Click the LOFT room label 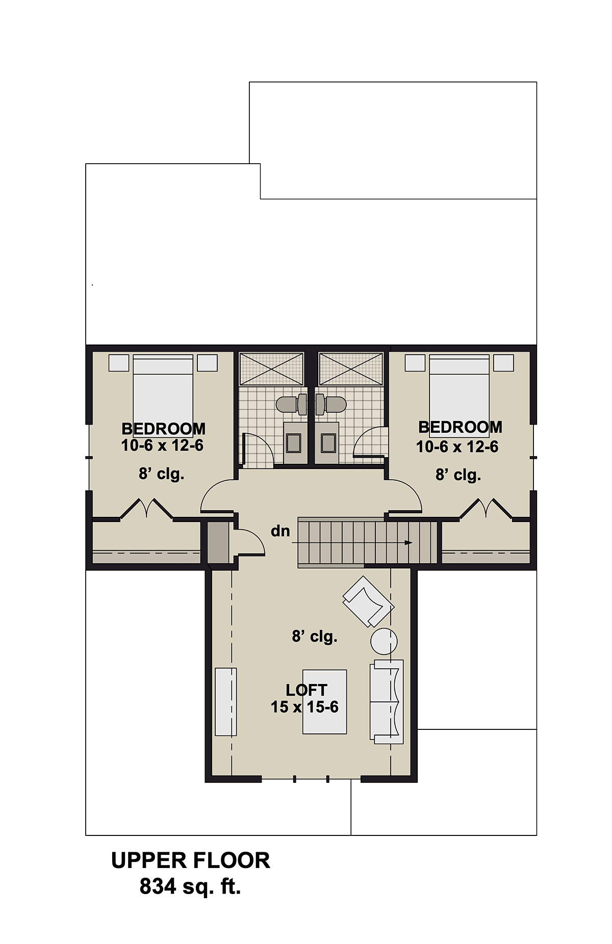pyautogui.click(x=307, y=690)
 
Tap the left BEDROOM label pyautogui.click(x=163, y=429)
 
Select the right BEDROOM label pyautogui.click(x=460, y=427)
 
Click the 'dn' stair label pyautogui.click(x=280, y=531)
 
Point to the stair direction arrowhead pyautogui.click(x=409, y=543)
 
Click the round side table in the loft pyautogui.click(x=384, y=641)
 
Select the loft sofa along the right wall pyautogui.click(x=387, y=702)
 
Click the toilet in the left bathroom pyautogui.click(x=291, y=405)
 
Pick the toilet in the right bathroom pyautogui.click(x=331, y=405)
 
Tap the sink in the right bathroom pyautogui.click(x=328, y=443)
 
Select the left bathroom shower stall pyautogui.click(x=271, y=369)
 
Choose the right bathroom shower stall pyautogui.click(x=351, y=369)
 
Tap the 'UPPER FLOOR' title pyautogui.click(x=191, y=860)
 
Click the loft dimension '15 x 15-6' pyautogui.click(x=304, y=707)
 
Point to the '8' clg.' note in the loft pyautogui.click(x=315, y=637)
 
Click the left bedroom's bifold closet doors pyautogui.click(x=146, y=509)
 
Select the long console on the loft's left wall pyautogui.click(x=226, y=701)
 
